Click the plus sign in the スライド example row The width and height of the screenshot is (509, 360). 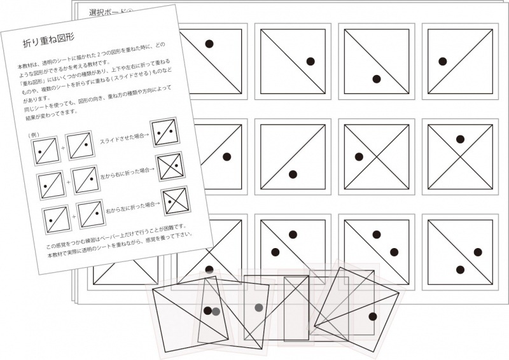coord(64,148)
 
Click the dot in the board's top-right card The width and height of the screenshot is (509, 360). coord(441,62)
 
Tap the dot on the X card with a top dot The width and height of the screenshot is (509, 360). coord(460,139)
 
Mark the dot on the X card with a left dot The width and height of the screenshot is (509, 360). coord(359,156)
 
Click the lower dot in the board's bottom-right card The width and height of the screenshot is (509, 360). coord(460,269)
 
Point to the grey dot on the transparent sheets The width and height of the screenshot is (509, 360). coord(258,308)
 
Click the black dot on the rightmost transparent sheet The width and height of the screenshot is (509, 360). coord(373,316)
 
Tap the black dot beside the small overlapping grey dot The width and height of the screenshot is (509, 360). coord(207,310)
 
